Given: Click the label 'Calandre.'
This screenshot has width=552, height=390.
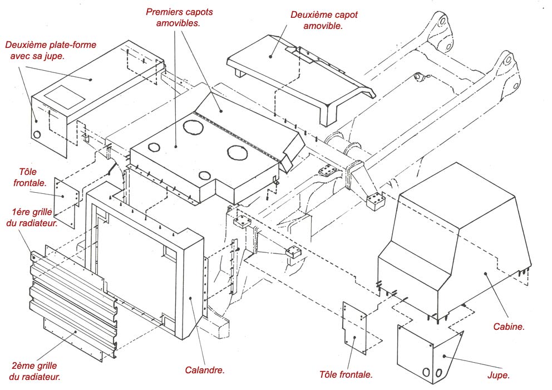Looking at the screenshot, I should click(x=205, y=369).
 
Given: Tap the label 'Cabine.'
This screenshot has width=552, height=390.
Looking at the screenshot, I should click(x=509, y=326).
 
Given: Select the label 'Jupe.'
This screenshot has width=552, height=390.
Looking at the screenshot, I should click(x=498, y=375).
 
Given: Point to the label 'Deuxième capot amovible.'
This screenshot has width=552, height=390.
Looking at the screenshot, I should click(x=324, y=20).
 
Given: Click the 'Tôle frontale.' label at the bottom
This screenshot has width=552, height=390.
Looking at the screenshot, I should click(x=346, y=374).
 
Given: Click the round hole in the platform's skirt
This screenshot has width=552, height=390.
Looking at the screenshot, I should click(x=37, y=134).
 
